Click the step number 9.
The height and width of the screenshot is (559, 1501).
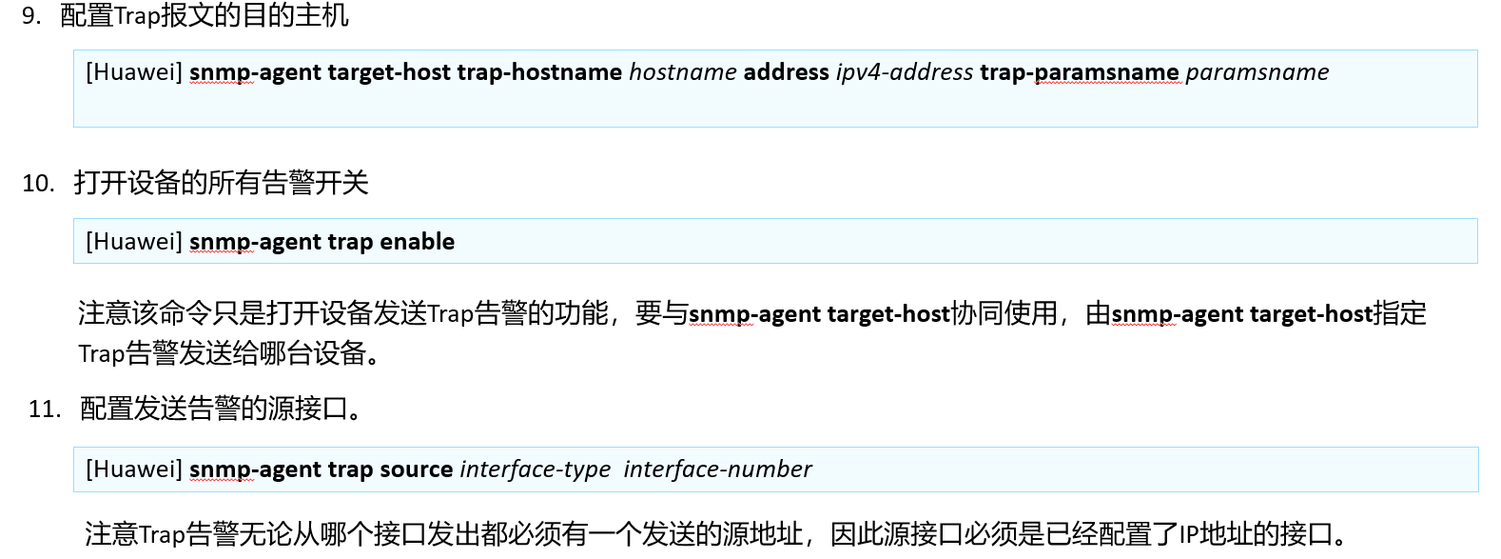pos(30,15)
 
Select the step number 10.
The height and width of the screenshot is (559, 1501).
pos(38,183)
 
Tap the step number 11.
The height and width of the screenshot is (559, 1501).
pos(45,409)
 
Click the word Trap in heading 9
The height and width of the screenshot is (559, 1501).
pos(137,16)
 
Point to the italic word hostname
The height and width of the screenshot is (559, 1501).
pos(683,71)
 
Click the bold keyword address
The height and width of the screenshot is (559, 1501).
pos(786,71)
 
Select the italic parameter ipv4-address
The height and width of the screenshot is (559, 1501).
pos(905,72)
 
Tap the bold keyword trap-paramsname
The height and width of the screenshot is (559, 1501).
pos(1080,72)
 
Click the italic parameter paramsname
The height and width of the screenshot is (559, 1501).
pos(1257,72)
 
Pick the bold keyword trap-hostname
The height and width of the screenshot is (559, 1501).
pos(539,72)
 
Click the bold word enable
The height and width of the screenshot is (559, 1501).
pos(417,242)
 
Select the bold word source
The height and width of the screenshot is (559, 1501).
pos(416,469)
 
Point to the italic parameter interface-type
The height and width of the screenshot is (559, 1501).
pos(536,469)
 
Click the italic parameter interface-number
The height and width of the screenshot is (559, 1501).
pos(717,469)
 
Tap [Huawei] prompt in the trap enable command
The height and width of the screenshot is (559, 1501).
pos(134,242)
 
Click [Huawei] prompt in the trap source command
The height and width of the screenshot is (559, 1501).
pos(134,469)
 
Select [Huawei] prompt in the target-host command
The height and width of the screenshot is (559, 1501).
pos(134,71)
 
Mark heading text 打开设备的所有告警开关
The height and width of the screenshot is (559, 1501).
pos(221,183)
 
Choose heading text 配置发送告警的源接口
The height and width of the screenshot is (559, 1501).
pos(214,409)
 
